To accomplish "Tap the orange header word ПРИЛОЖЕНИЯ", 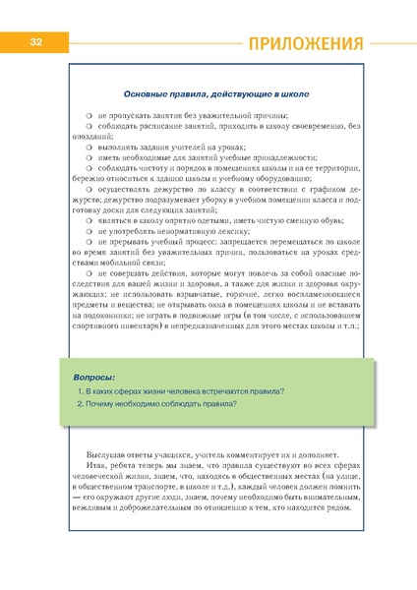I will click(x=305, y=43).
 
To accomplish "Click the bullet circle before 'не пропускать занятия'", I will click(x=89, y=116).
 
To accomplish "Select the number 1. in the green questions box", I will click(x=79, y=365).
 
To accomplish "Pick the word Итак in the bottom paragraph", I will click(x=96, y=468).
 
